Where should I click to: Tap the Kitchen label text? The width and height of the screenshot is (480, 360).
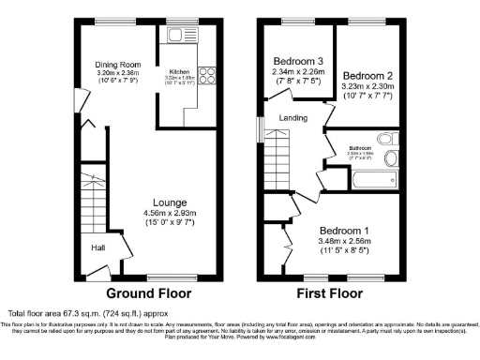(x=180, y=71)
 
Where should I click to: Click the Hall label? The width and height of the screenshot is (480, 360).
(x=97, y=247)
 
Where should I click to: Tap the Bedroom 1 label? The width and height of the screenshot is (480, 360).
(x=344, y=230)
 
